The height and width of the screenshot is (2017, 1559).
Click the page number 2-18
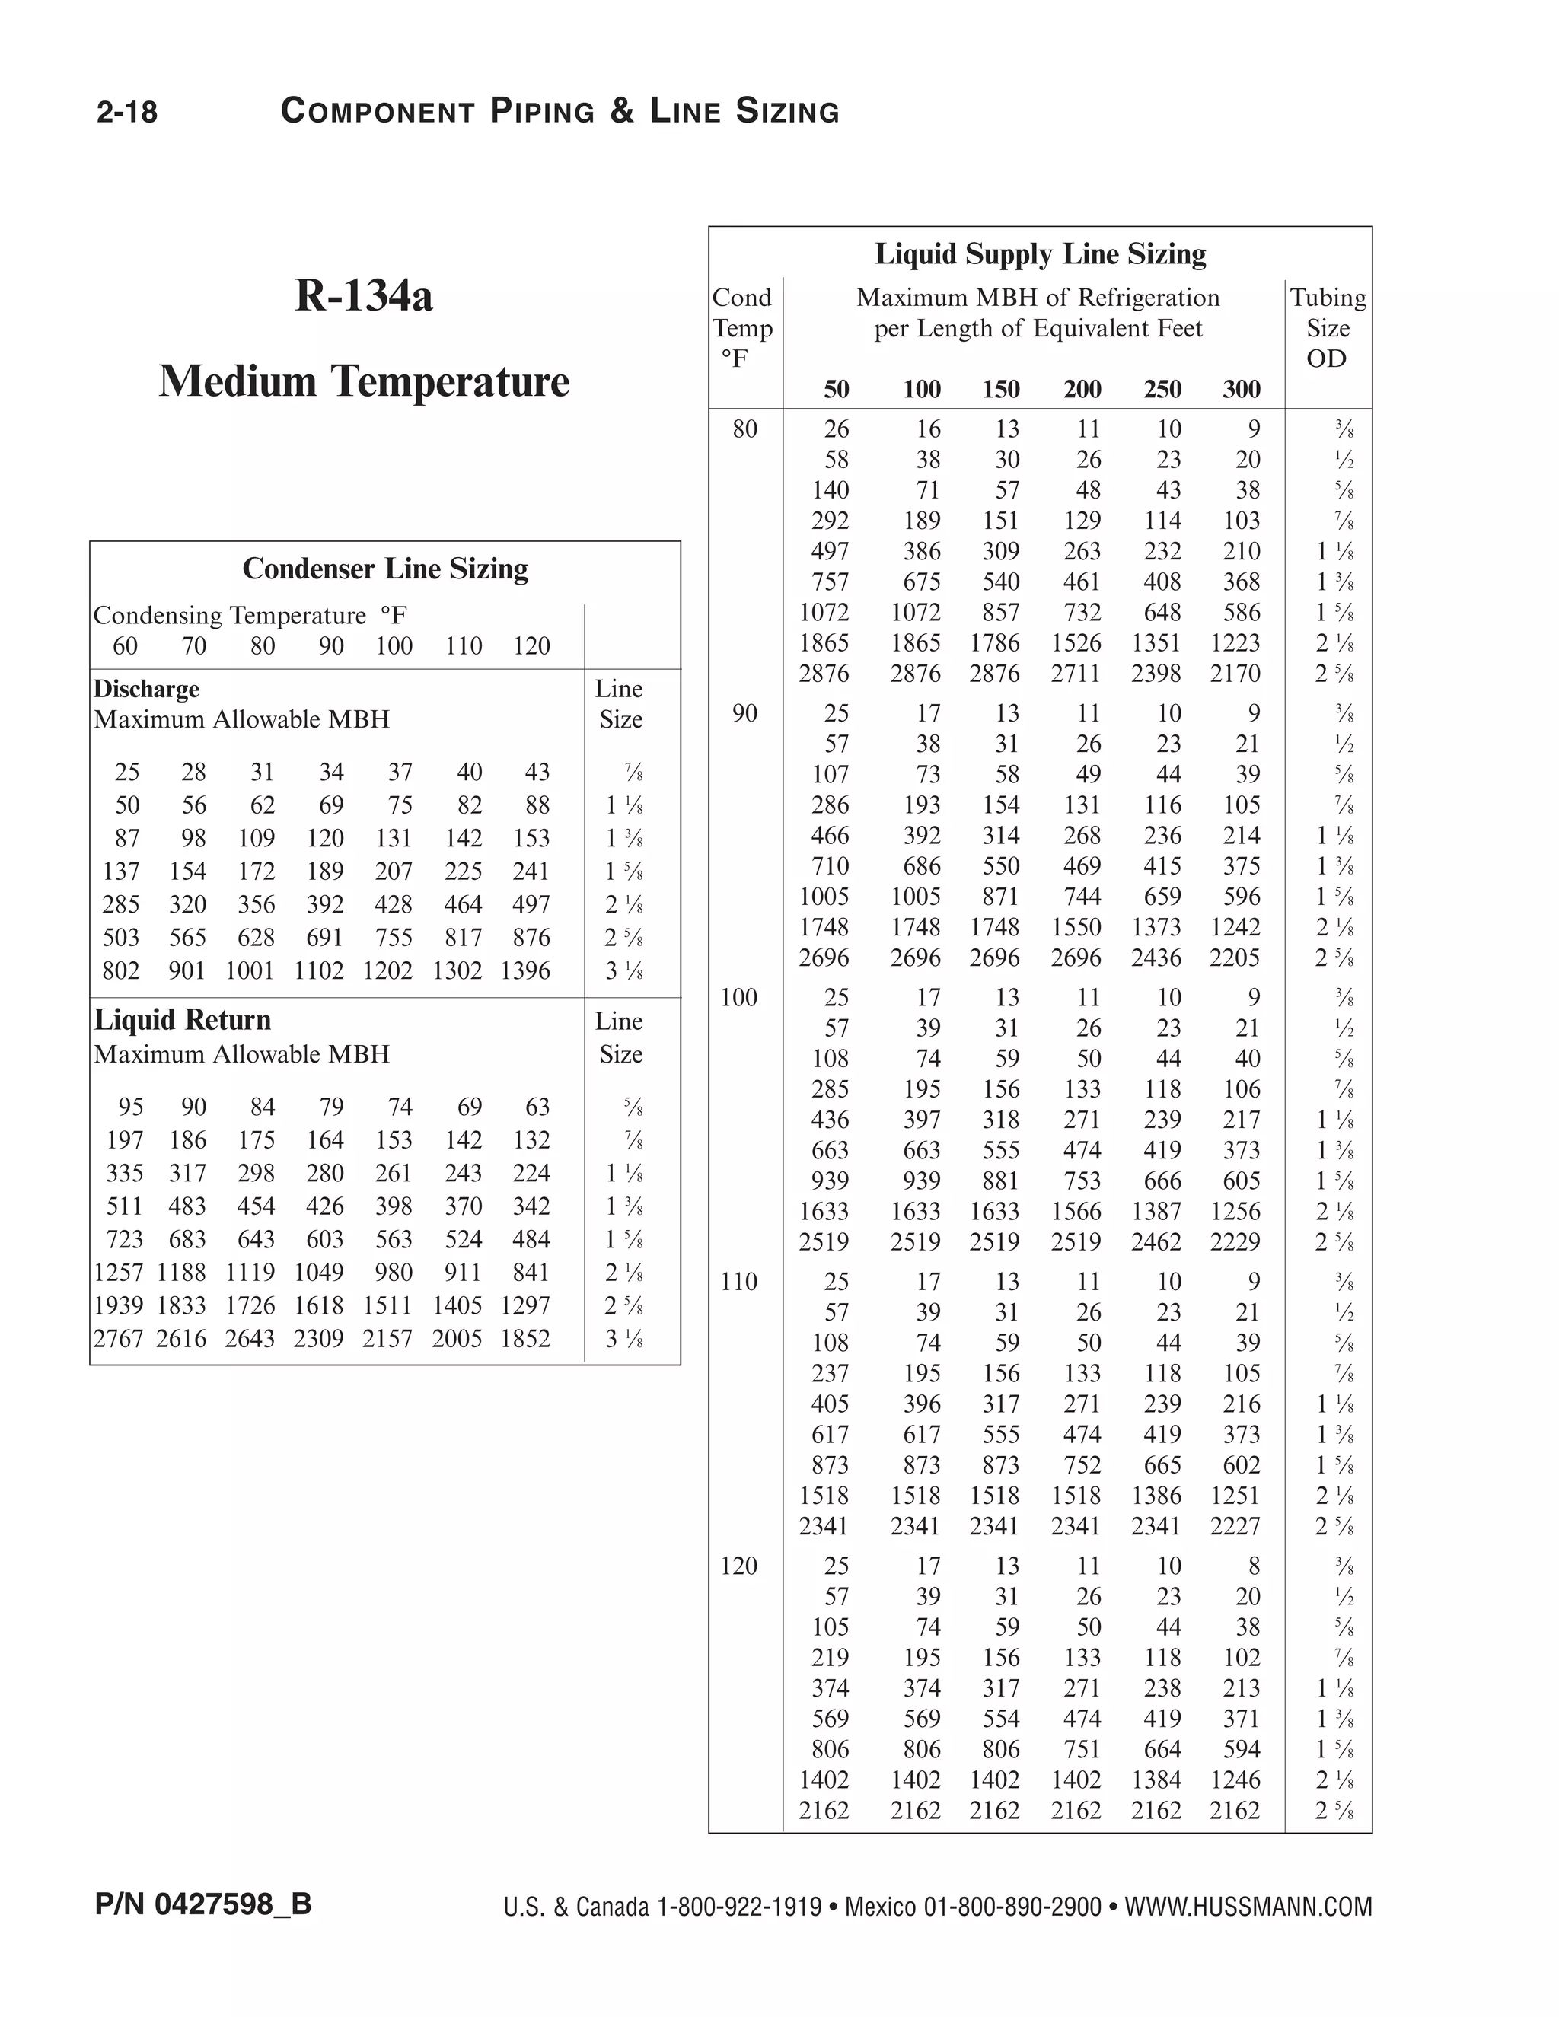point(127,112)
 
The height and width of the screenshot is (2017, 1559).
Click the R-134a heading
point(364,295)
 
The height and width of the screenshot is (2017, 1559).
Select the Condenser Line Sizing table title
point(385,569)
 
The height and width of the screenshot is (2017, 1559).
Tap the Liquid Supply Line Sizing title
point(1040,254)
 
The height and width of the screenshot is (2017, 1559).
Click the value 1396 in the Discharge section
point(524,970)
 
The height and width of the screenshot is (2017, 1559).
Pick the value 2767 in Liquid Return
point(118,1338)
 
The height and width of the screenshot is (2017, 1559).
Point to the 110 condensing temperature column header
point(463,645)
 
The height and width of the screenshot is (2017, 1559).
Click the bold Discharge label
point(146,689)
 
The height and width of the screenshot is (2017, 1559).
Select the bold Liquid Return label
point(182,1020)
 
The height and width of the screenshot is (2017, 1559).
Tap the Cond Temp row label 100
point(739,997)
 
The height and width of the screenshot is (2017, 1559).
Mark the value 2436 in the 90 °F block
point(1156,958)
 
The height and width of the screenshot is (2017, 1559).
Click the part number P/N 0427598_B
point(203,1904)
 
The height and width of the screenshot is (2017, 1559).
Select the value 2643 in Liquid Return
point(250,1338)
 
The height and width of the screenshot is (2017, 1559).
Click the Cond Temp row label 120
point(739,1566)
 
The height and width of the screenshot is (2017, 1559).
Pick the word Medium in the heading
point(238,381)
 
